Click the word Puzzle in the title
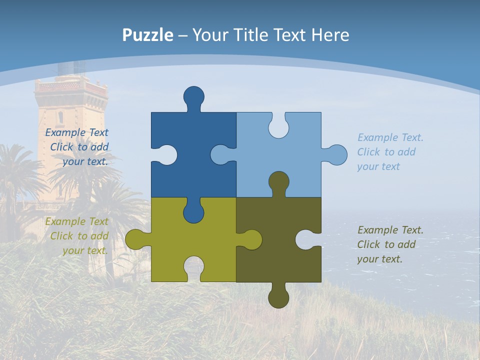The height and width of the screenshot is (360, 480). [147, 35]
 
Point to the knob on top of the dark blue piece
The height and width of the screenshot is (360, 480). [193, 96]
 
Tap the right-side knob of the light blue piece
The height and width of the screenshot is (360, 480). [336, 154]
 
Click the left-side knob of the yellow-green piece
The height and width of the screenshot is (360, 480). [135, 239]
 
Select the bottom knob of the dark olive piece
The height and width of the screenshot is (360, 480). [278, 297]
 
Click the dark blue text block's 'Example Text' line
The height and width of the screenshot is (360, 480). [76, 133]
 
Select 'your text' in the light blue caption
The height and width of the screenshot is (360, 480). [378, 167]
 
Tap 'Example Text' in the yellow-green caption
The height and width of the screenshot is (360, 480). [76, 222]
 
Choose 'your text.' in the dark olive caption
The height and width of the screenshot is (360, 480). [379, 259]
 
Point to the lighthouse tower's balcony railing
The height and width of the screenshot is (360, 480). [71, 87]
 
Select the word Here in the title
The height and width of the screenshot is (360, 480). [330, 35]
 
